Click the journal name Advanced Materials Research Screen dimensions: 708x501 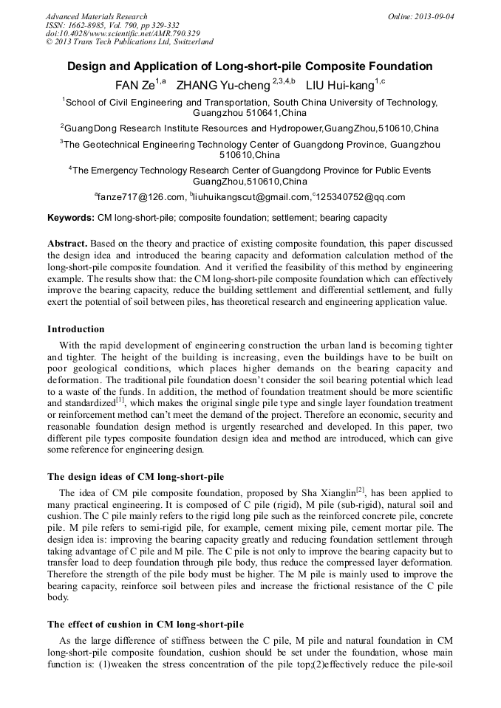tap(96, 16)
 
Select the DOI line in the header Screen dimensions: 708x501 tap(123, 33)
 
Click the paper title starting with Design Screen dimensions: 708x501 tap(250, 66)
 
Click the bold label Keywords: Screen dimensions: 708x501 tap(71, 219)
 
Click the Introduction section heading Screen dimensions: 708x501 tap(76, 329)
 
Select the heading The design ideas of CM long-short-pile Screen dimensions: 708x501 tap(135, 476)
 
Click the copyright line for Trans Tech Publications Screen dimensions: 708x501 tap(129, 42)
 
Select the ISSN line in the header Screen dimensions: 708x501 tap(108, 25)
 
